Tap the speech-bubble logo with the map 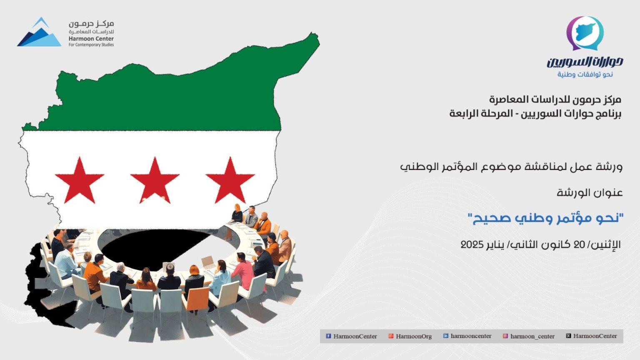[x=585, y=33]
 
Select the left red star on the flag [x=80, y=180]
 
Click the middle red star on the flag [x=155, y=180]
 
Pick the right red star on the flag [x=230, y=180]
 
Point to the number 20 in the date [x=584, y=245]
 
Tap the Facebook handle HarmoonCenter [x=355, y=336]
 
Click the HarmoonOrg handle [x=414, y=336]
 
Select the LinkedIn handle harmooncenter [x=471, y=336]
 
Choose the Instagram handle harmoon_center [x=532, y=336]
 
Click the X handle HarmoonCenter [x=595, y=336]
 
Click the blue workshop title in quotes [x=545, y=218]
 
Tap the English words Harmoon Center [x=91, y=39]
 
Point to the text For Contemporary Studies [x=91, y=45]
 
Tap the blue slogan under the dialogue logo [x=585, y=75]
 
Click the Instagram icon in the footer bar [x=505, y=336]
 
